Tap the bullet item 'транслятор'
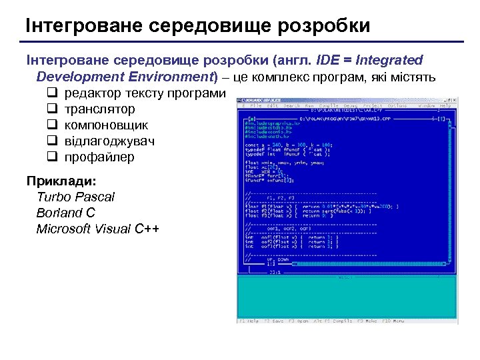(99, 109)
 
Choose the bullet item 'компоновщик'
(106, 125)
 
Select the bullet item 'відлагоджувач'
(109, 141)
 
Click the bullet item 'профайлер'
(99, 157)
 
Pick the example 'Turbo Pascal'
(75, 197)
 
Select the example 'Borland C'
(66, 213)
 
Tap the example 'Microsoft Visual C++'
(98, 229)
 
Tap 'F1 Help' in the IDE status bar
(249, 321)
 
